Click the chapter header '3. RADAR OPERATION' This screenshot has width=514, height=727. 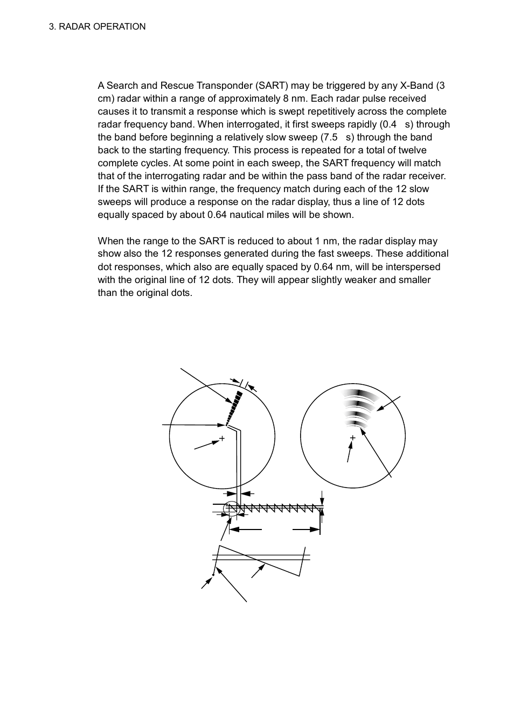tap(97, 26)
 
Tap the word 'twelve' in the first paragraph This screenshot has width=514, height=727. tap(412, 150)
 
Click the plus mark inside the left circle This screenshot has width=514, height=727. tap(221, 438)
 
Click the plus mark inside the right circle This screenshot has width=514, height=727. tap(353, 437)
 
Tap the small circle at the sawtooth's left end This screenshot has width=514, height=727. tap(231, 507)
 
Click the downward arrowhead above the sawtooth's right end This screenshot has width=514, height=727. tap(322, 502)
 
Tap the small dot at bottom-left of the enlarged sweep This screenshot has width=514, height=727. tap(213, 575)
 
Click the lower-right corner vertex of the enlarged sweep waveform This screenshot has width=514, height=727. tap(299, 576)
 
